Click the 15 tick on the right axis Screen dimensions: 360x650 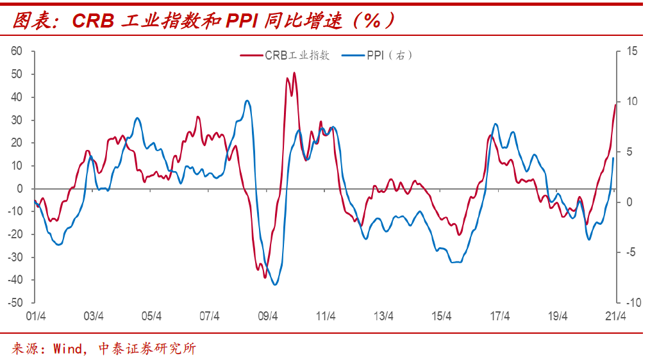tap(632, 51)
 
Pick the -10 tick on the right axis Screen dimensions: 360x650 tap(632, 302)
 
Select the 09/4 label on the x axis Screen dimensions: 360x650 tap(267, 316)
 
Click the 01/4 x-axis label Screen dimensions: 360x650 tap(35, 316)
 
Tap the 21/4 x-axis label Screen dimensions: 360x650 tap(616, 316)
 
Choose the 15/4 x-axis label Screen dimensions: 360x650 tap(442, 316)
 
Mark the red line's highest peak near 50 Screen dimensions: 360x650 tap(294, 73)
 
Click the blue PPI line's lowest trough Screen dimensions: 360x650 tap(275, 284)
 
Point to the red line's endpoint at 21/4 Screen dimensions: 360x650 tap(615, 104)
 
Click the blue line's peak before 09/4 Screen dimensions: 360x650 tap(247, 101)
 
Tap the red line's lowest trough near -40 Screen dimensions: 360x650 tap(264, 277)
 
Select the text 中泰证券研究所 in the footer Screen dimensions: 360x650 tap(147, 348)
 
